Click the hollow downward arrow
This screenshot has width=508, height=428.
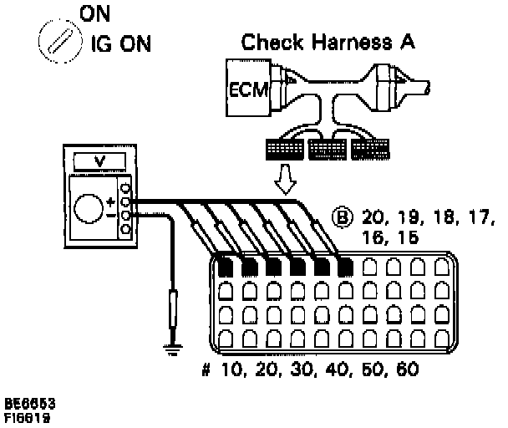click(287, 177)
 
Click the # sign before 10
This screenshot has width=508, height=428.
click(206, 369)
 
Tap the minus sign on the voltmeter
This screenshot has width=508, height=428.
click(109, 215)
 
